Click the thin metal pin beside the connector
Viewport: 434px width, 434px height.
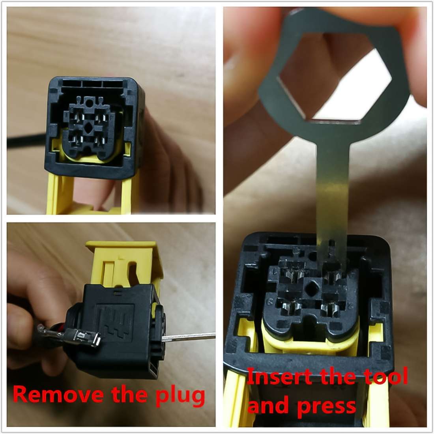(x=189, y=337)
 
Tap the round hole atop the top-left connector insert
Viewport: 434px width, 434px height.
(x=90, y=103)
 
